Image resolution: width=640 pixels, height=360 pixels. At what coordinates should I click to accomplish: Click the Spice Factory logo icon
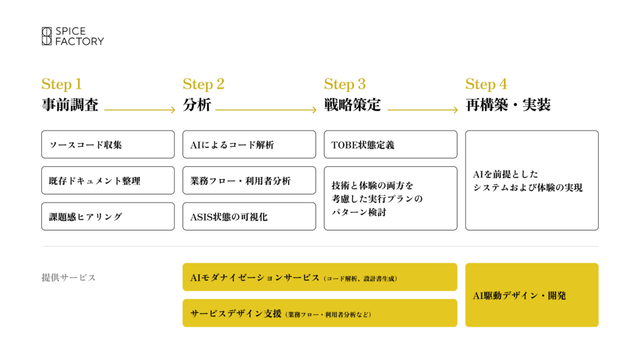[47, 36]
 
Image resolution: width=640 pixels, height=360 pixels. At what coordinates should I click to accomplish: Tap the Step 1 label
[61, 84]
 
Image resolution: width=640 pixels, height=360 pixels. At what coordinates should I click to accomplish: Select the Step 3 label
[344, 84]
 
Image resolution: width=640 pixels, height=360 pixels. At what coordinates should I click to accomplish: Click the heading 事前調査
[69, 105]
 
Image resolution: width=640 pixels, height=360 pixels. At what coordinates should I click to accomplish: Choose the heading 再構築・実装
[507, 105]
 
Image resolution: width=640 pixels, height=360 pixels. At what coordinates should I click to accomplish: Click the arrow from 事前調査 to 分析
[139, 110]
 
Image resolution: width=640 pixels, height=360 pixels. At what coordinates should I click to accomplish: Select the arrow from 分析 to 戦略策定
[266, 110]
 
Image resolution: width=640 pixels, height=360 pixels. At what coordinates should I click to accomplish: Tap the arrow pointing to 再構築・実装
[422, 110]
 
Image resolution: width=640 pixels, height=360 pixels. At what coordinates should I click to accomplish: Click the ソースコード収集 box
[108, 144]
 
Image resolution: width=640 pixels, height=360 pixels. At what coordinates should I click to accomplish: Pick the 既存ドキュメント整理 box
[108, 181]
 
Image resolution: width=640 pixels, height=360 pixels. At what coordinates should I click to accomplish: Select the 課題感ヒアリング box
[108, 216]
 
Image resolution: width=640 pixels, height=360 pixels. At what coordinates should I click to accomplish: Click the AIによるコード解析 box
[249, 144]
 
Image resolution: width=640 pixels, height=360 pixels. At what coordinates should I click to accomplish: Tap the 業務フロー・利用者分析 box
[249, 181]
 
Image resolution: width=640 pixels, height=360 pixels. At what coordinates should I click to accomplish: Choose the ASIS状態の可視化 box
[249, 216]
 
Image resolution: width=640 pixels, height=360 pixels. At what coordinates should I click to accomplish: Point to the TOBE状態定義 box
[391, 144]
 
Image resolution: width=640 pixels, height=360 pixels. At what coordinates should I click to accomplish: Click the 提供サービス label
[69, 277]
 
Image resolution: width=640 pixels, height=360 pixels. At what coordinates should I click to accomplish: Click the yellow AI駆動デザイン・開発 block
[532, 295]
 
